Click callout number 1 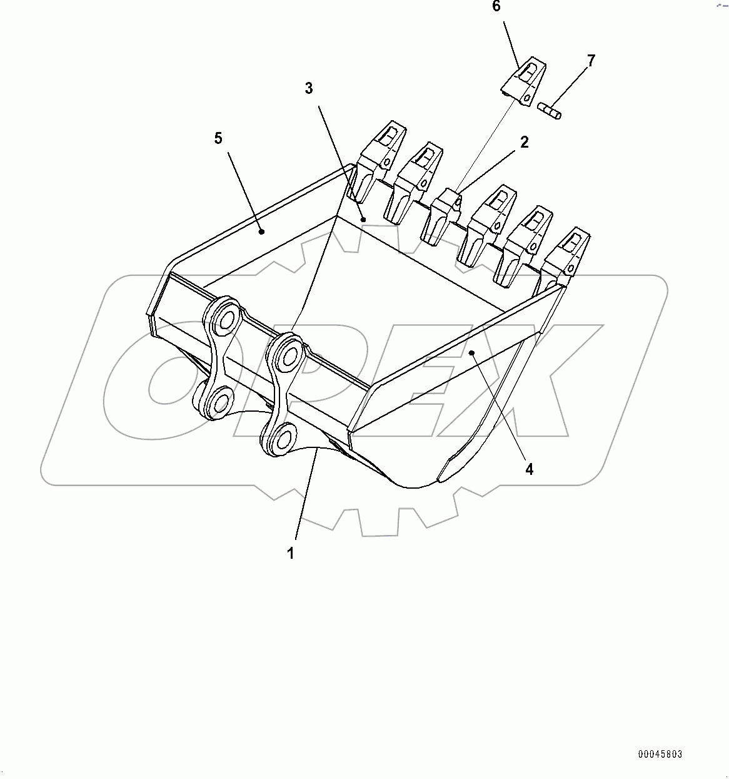pyautogui.click(x=290, y=553)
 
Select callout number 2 pyautogui.click(x=524, y=142)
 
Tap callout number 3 pyautogui.click(x=309, y=88)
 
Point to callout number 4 pyautogui.click(x=529, y=469)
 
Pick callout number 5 pyautogui.click(x=218, y=138)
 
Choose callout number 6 pyautogui.click(x=496, y=7)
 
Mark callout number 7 pyautogui.click(x=591, y=61)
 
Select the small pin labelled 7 pyautogui.click(x=550, y=110)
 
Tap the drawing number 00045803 pyautogui.click(x=660, y=754)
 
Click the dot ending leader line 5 pyautogui.click(x=262, y=232)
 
